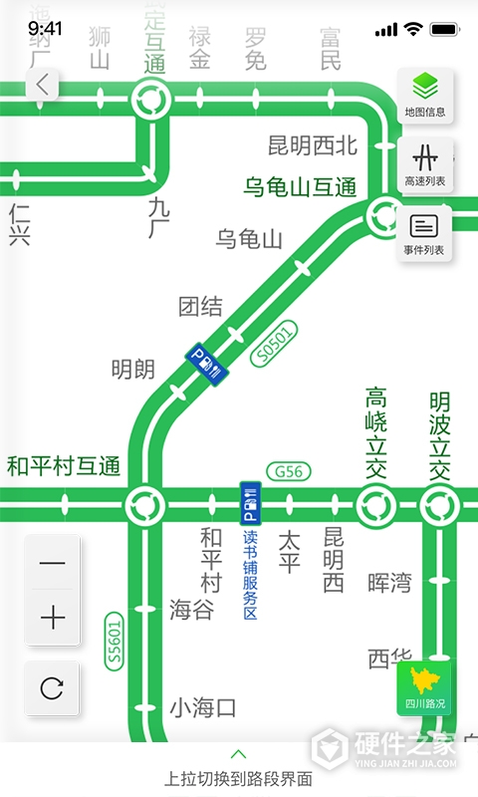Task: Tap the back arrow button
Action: tap(42, 85)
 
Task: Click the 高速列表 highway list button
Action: tap(425, 165)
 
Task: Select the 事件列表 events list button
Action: tap(425, 233)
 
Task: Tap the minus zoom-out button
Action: tap(53, 564)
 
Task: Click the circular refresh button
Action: tap(53, 687)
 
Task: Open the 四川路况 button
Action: tap(425, 687)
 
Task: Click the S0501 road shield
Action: tap(275, 344)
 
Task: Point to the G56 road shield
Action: tap(289, 470)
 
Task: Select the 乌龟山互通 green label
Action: tap(300, 186)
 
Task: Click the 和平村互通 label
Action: tap(64, 465)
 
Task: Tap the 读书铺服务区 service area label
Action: tap(250, 568)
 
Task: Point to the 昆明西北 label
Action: tap(313, 145)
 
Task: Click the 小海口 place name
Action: tap(202, 708)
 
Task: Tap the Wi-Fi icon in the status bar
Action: tap(412, 30)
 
